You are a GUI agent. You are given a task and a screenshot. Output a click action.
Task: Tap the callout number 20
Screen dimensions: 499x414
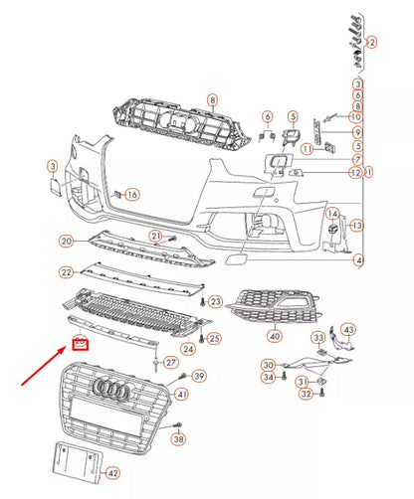(x=67, y=241)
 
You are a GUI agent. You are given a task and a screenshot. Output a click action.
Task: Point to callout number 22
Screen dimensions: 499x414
(x=67, y=272)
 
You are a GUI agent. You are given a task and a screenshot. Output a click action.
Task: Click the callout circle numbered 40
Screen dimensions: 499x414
(x=273, y=335)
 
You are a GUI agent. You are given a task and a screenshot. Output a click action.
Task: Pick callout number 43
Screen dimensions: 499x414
(x=347, y=329)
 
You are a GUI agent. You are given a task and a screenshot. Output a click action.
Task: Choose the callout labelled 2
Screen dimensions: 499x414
(x=371, y=43)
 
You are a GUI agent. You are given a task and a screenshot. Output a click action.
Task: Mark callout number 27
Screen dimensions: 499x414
(x=171, y=362)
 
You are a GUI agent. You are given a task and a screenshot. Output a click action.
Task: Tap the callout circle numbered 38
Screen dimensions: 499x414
(x=178, y=438)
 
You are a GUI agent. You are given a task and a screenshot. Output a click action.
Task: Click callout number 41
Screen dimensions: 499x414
(x=180, y=395)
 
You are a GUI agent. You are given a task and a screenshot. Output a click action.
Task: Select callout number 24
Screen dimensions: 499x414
(x=188, y=348)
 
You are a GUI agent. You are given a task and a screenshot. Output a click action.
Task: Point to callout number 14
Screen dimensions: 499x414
(x=333, y=214)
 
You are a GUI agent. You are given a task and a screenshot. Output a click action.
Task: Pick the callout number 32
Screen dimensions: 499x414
(x=306, y=395)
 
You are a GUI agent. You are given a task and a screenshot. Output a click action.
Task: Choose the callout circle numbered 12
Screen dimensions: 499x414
(x=355, y=173)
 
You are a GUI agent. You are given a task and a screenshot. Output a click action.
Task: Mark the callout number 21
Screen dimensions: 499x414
(x=156, y=235)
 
